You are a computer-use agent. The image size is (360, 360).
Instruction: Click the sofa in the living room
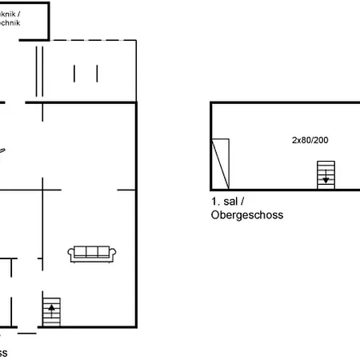[x=93, y=253]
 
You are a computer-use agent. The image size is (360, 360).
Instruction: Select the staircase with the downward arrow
[x=326, y=174]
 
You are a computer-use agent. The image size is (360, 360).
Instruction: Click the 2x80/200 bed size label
[x=310, y=139]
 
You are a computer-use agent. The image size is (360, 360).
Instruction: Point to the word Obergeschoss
[x=247, y=215]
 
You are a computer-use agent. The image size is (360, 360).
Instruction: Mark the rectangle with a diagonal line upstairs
[x=220, y=163]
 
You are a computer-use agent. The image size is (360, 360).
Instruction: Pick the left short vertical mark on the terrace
[x=74, y=74]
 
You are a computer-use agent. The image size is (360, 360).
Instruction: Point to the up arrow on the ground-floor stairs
[x=51, y=307]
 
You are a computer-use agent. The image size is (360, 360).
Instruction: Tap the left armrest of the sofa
[x=71, y=254]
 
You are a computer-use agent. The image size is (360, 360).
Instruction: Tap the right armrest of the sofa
[x=115, y=254]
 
